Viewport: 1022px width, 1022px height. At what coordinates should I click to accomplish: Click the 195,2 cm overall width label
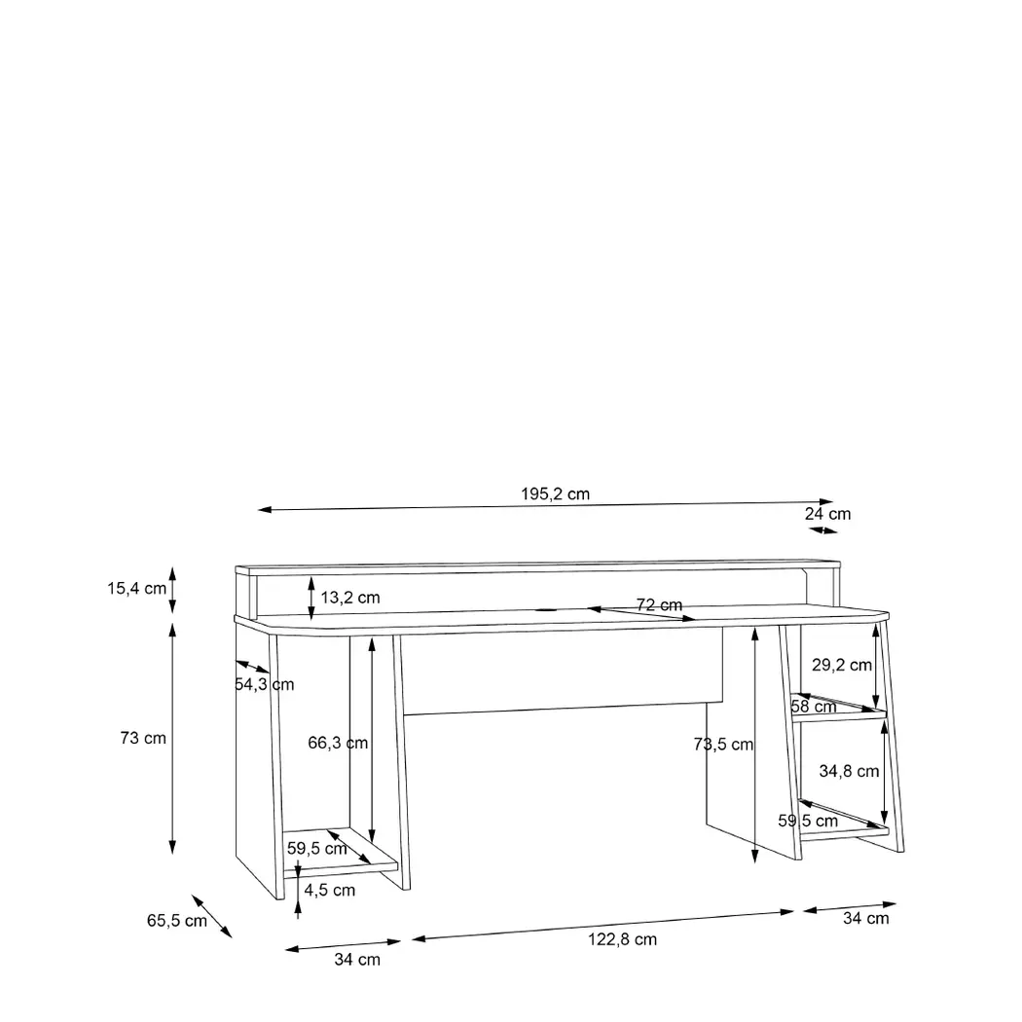coord(556,494)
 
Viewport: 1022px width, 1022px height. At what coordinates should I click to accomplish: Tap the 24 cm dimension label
coord(827,514)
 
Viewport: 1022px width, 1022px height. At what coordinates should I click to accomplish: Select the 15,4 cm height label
coord(137,589)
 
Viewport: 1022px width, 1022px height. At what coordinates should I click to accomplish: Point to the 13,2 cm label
coord(350,598)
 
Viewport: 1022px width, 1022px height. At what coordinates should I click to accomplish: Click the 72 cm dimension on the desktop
coord(659,604)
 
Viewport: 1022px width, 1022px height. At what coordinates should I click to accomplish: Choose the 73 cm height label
coord(143,738)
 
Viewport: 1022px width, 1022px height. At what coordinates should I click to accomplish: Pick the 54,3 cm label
coord(265,684)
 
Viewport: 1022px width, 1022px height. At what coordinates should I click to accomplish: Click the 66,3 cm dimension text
coord(338,743)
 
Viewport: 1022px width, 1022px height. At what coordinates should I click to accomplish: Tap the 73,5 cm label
coord(723,745)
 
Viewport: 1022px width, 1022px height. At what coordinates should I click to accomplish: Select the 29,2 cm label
coord(842,665)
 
